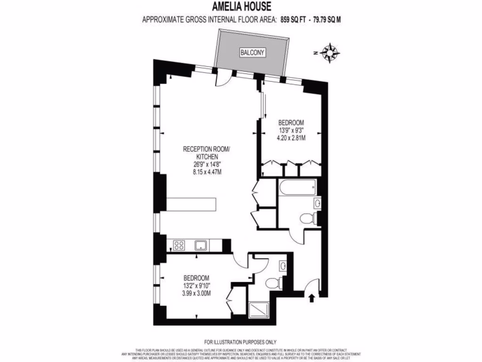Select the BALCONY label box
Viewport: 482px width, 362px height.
click(253, 53)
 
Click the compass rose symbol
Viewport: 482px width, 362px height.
click(331, 52)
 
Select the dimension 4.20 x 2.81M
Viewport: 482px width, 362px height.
click(291, 138)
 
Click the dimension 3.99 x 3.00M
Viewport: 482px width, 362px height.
click(196, 293)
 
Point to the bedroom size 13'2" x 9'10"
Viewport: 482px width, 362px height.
click(196, 286)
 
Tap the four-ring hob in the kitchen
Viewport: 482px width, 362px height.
click(179, 245)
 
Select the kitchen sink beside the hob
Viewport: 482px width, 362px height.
click(201, 245)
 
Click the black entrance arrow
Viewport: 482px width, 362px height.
click(311, 298)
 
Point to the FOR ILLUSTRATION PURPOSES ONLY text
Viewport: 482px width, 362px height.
click(241, 342)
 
